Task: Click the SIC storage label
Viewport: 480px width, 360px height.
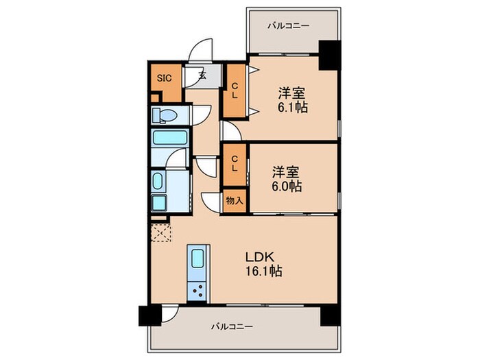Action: (x=165, y=77)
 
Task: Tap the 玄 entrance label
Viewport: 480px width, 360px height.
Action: (x=204, y=75)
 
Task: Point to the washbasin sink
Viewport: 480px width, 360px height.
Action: (x=157, y=182)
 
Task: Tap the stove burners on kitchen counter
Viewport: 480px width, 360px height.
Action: (x=198, y=290)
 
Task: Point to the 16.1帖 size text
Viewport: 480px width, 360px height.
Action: (x=265, y=272)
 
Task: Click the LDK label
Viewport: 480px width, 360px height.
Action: (x=261, y=256)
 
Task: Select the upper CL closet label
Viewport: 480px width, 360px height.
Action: (x=234, y=91)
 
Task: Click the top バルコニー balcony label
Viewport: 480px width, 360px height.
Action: (x=288, y=25)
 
